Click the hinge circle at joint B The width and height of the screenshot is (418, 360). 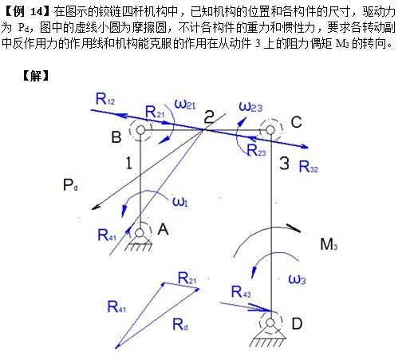140,130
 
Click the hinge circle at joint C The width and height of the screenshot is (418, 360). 270,130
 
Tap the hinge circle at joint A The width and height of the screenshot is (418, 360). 140,233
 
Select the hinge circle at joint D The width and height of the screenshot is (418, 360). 270,323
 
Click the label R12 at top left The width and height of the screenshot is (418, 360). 105,99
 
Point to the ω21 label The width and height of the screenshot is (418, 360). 185,104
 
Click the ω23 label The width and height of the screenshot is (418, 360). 250,106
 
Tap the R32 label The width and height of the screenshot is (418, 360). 309,167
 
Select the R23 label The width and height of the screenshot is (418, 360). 256,150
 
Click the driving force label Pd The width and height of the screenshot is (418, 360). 70,184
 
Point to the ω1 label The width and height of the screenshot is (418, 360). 180,201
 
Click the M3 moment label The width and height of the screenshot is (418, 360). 329,243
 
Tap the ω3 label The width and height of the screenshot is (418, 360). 297,279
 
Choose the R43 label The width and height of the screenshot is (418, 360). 241,291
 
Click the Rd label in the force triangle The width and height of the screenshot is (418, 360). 180,324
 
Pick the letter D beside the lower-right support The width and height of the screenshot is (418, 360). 297,323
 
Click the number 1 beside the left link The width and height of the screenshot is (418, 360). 129,163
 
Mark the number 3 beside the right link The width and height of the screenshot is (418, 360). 285,163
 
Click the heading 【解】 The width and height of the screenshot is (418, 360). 36,76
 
